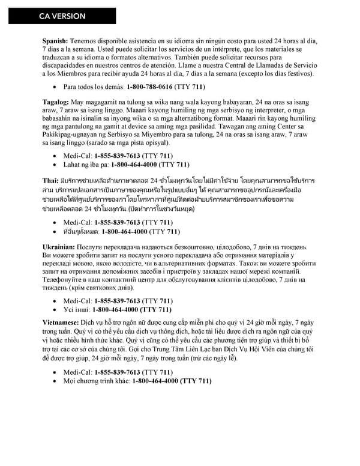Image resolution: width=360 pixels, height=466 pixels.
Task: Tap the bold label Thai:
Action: coord(50,181)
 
